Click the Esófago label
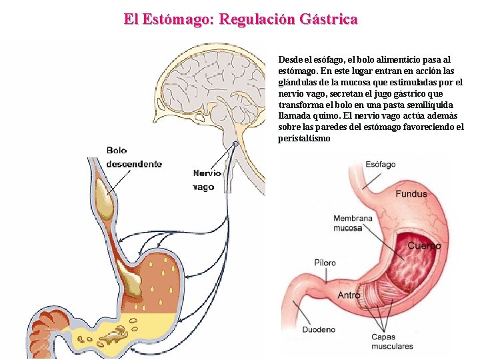point(381,164)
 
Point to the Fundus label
point(411,194)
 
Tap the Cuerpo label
point(424,245)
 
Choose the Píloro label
point(325,263)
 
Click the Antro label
point(349,295)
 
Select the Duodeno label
point(319,329)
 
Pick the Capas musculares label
point(392,341)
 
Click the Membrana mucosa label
point(353,223)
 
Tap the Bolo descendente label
point(133,157)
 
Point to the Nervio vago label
point(206,180)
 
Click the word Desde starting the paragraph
point(290,59)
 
